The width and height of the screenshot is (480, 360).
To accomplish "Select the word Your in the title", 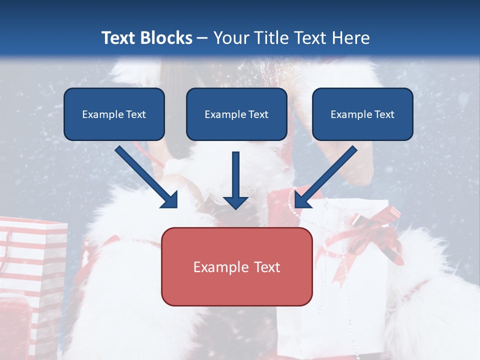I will [x=230, y=38].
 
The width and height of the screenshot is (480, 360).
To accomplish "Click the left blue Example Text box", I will [x=114, y=114].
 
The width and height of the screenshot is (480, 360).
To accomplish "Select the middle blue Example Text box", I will [x=236, y=114].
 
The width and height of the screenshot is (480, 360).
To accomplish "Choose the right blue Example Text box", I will [x=362, y=114].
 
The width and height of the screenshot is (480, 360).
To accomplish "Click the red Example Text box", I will [x=237, y=266].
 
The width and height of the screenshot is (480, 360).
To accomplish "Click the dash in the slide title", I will [x=202, y=38].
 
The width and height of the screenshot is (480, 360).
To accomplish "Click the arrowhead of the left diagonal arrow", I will [x=170, y=200].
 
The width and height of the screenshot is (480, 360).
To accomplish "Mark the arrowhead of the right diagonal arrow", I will [x=302, y=200].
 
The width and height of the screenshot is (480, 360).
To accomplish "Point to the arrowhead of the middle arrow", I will [x=235, y=202].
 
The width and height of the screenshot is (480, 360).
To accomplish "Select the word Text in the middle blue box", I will [x=258, y=114].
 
